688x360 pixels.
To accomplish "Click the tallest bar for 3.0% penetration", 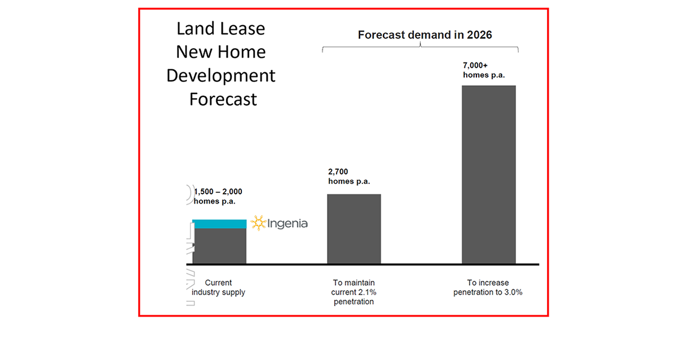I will [x=488, y=174].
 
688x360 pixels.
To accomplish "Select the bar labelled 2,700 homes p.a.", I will [x=354, y=229].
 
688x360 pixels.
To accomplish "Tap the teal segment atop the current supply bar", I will [x=220, y=224].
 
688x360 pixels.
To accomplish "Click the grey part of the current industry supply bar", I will [x=220, y=246].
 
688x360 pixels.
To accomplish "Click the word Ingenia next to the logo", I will [x=288, y=224].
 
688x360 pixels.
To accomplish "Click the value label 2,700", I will [x=338, y=171].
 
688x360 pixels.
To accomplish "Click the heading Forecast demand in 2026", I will [x=425, y=35].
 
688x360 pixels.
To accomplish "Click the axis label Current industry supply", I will [x=218, y=288].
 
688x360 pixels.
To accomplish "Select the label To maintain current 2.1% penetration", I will [x=354, y=292].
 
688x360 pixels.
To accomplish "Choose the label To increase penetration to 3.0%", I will [x=488, y=288].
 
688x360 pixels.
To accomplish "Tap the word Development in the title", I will [x=221, y=76].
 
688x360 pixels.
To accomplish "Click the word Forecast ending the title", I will [x=223, y=99].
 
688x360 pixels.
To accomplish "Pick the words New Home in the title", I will [x=221, y=52].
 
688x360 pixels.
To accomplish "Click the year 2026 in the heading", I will [x=479, y=35].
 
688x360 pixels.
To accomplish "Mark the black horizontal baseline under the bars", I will [x=367, y=264].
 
